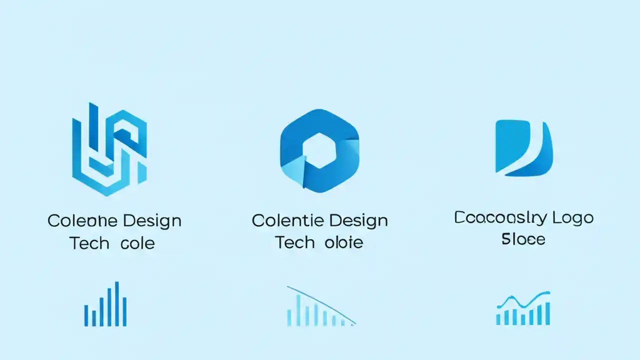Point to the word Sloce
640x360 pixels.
(x=523, y=239)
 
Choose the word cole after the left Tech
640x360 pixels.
(x=138, y=243)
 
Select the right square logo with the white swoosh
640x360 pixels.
(x=523, y=148)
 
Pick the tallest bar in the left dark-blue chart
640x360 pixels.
(x=117, y=303)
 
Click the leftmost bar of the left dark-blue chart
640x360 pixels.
(x=86, y=315)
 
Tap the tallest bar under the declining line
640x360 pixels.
(x=298, y=310)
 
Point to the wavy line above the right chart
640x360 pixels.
(x=523, y=300)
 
